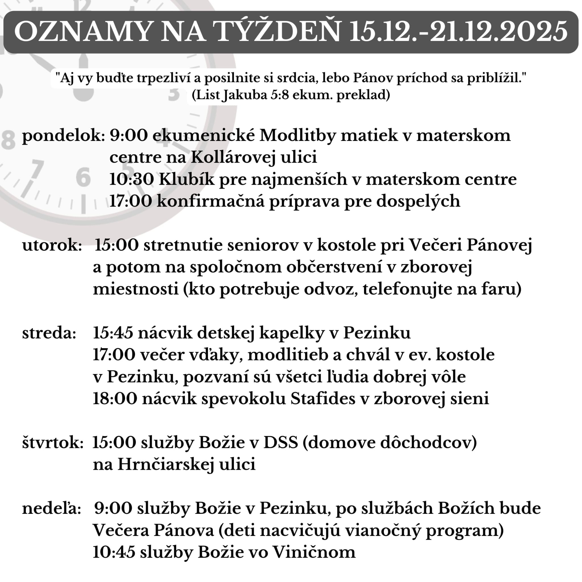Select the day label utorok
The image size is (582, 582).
coord(52,245)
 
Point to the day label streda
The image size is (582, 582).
coord(49,333)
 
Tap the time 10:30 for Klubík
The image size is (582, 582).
coord(131,180)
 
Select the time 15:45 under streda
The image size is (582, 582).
coord(113,333)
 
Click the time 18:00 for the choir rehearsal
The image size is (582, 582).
coord(115,399)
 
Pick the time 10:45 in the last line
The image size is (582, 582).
coord(114,552)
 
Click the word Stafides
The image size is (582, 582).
coord(323,399)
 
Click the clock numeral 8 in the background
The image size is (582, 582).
coord(8,140)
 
